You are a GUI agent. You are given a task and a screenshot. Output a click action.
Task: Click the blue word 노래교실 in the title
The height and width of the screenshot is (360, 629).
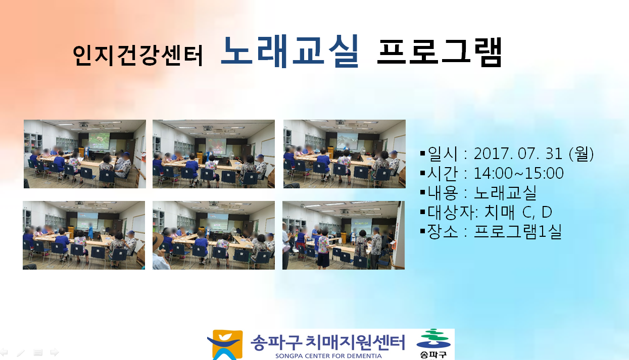coord(290,52)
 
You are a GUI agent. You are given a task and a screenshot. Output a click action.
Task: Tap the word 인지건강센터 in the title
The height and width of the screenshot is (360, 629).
coord(138,55)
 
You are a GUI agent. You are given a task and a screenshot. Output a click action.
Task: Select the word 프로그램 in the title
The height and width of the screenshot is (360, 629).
coord(440,53)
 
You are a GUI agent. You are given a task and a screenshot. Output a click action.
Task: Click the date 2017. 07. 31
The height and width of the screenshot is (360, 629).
coord(518,154)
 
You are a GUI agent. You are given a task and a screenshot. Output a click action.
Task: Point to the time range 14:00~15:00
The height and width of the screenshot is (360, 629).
coord(519,173)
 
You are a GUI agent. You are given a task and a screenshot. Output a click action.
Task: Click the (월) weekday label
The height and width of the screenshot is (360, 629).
coord(582,154)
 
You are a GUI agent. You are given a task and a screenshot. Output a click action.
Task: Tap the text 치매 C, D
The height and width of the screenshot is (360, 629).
coord(518,212)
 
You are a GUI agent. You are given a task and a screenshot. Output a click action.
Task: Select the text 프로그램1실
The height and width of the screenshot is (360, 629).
coord(518,231)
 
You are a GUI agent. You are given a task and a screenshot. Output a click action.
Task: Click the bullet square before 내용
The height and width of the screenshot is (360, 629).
coord(422,192)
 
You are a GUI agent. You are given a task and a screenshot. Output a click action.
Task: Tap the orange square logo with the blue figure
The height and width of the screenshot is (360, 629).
coord(226,345)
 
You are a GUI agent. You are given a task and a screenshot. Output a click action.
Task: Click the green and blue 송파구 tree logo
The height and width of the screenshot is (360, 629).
coord(433,344)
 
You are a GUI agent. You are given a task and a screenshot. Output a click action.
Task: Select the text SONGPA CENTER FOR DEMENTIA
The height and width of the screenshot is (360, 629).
coord(328,356)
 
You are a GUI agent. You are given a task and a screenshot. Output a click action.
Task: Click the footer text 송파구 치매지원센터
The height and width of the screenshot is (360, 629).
coord(328,342)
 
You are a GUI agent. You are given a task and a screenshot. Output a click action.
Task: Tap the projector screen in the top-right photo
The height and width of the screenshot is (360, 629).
coord(348,141)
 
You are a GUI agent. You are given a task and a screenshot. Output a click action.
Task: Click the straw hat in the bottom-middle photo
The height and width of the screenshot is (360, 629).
coord(158,240)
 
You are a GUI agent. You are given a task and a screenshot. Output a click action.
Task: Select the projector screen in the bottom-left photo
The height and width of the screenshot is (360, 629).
coord(87,221)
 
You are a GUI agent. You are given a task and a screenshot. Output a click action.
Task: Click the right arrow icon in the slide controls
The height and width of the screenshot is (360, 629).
coord(55,352)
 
